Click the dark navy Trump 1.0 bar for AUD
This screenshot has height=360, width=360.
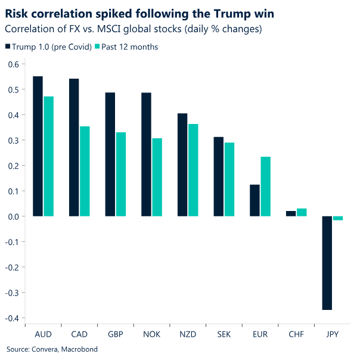pyautogui.click(x=38, y=146)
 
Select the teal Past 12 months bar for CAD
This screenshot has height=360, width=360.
pyautogui.click(x=85, y=171)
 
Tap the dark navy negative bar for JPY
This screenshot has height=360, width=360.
pyautogui.click(x=327, y=263)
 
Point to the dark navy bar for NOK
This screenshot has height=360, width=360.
pyautogui.click(x=145, y=154)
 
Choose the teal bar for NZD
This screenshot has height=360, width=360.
pyautogui.click(x=193, y=170)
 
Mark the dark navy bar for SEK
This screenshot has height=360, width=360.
pyautogui.click(x=218, y=176)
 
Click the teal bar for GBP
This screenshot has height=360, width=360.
pyautogui.click(x=121, y=174)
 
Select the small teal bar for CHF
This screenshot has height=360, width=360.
pyautogui.click(x=302, y=212)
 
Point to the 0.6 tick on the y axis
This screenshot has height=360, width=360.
pyautogui.click(x=13, y=64)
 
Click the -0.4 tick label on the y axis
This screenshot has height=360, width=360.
pyautogui.click(x=11, y=318)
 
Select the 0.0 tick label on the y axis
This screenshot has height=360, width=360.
pyautogui.click(x=13, y=216)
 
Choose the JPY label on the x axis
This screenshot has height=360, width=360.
pyautogui.click(x=333, y=334)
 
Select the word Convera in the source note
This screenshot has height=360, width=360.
pyautogui.click(x=44, y=349)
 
